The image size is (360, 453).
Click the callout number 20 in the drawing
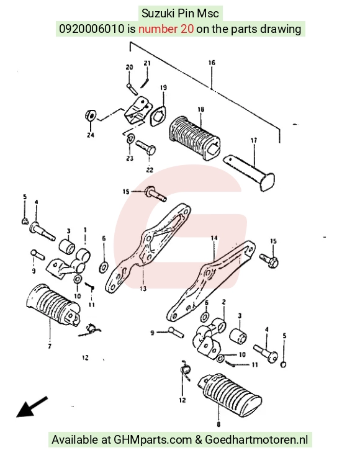[x=129, y=67]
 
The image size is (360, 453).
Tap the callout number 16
[x=212, y=63]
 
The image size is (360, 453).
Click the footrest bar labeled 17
[x=250, y=172]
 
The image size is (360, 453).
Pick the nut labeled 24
[x=91, y=115]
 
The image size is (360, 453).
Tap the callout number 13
[x=143, y=289]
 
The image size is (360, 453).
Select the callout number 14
[x=214, y=238]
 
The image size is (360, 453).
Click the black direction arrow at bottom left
[x=32, y=407]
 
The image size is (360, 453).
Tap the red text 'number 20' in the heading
[x=166, y=29]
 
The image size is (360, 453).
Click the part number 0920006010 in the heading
[x=92, y=29]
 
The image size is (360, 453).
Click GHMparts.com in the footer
[x=153, y=440]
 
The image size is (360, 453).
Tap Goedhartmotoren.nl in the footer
[x=256, y=440]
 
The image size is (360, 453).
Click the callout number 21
[x=147, y=63]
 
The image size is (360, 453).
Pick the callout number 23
[x=130, y=158]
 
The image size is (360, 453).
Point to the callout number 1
[x=85, y=230]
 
